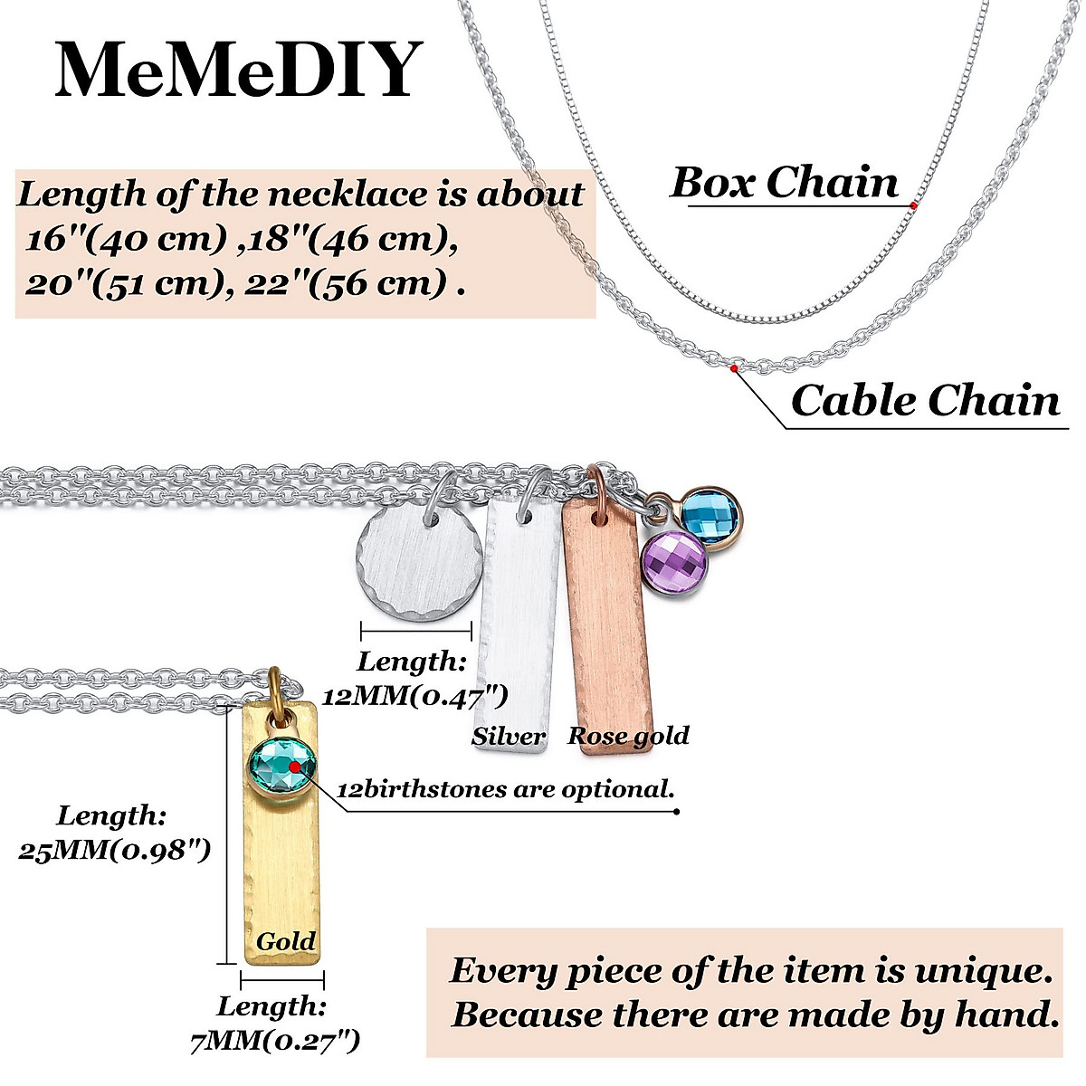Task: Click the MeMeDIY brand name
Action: coord(239,70)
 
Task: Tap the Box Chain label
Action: coord(785,182)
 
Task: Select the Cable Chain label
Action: coord(925,400)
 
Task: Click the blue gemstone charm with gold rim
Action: coord(710,517)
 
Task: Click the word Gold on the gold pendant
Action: coord(286,941)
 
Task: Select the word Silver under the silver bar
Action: coord(509,737)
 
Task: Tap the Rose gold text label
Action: coord(628,736)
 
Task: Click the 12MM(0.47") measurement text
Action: coord(414,696)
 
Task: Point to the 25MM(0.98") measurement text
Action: coord(115,851)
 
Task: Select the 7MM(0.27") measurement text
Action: coord(275,1042)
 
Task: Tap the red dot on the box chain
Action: coord(913,206)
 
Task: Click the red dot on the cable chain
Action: coord(733,368)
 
